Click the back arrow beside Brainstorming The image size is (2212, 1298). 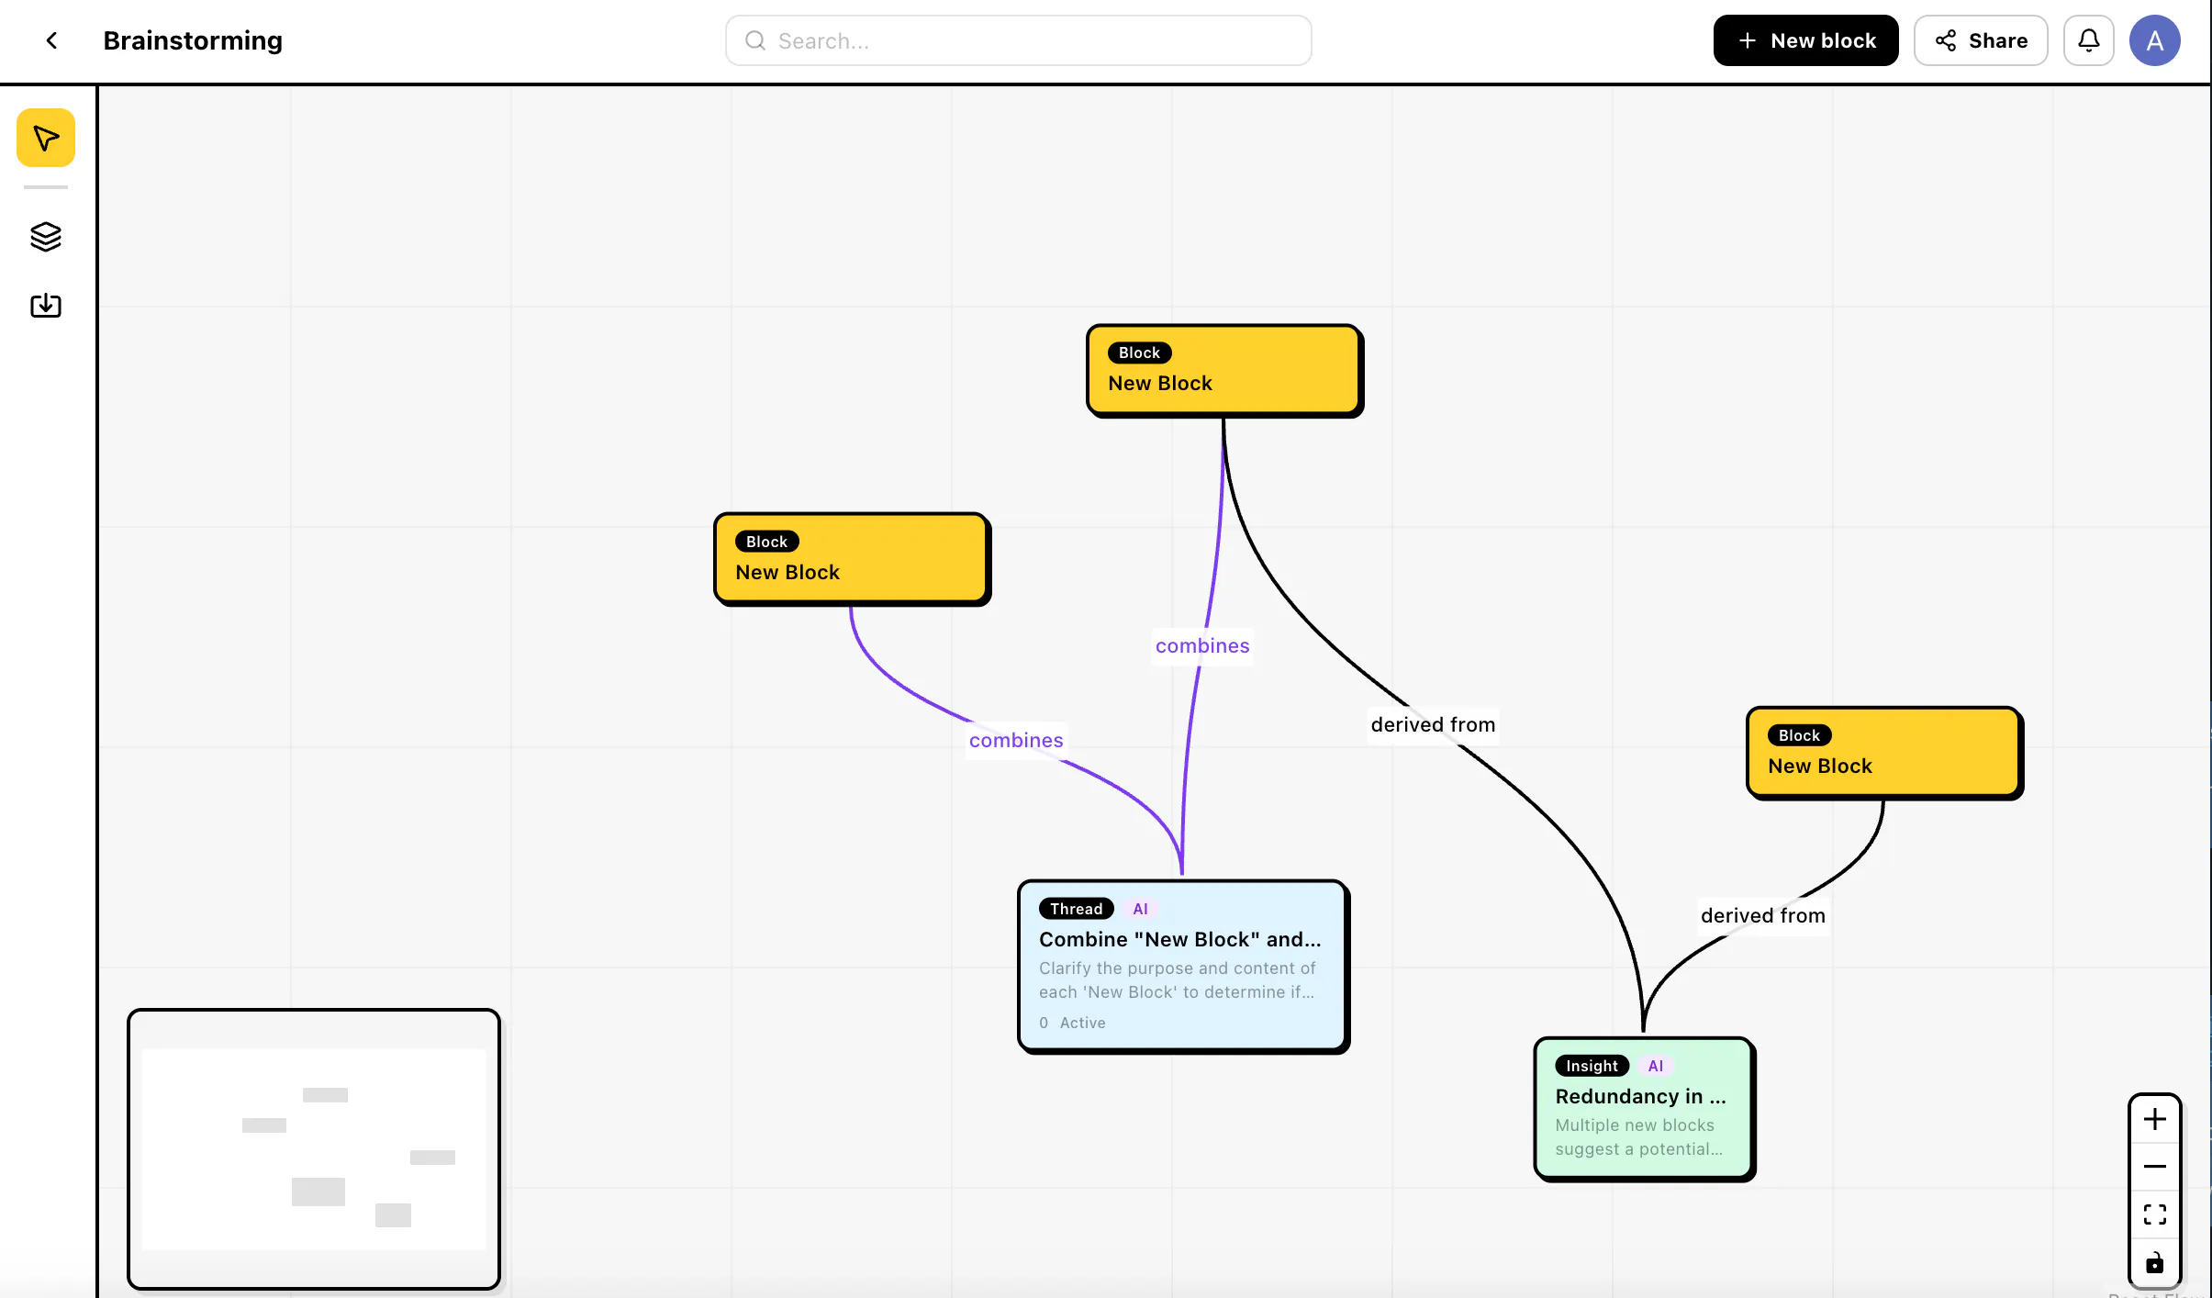click(x=52, y=40)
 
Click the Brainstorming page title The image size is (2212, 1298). click(x=193, y=40)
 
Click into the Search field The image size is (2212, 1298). click(x=1018, y=40)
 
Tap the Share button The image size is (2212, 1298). click(x=1981, y=40)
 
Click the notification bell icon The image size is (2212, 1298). click(x=2089, y=40)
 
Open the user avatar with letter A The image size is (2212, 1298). click(x=2155, y=40)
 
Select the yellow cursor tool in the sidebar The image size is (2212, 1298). click(x=46, y=138)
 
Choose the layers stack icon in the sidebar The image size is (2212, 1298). click(x=46, y=237)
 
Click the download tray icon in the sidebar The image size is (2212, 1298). click(x=46, y=305)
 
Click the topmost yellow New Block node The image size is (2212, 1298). click(x=1224, y=370)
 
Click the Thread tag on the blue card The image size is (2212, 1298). click(x=1077, y=909)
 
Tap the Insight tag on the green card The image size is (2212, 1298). click(x=1592, y=1066)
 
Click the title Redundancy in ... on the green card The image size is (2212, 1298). click(x=1640, y=1096)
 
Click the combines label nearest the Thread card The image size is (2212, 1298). click(x=1016, y=740)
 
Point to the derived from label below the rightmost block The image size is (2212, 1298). click(x=1762, y=915)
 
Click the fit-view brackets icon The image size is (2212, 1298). click(x=2155, y=1214)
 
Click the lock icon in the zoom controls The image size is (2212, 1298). click(x=2155, y=1263)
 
